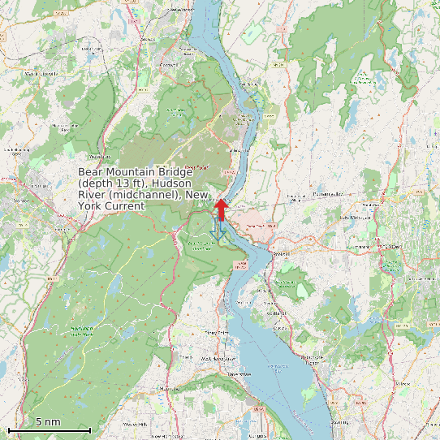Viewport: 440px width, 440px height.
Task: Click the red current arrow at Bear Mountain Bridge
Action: click(x=219, y=209)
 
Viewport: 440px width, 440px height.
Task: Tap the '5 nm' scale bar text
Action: click(x=48, y=422)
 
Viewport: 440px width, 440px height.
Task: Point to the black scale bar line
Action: click(x=49, y=429)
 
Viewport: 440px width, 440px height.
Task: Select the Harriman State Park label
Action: click(x=81, y=330)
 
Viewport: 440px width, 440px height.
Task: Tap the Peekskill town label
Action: click(x=281, y=252)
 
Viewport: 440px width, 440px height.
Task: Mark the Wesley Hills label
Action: click(x=135, y=425)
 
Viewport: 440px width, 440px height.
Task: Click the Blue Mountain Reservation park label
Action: click(x=284, y=284)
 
